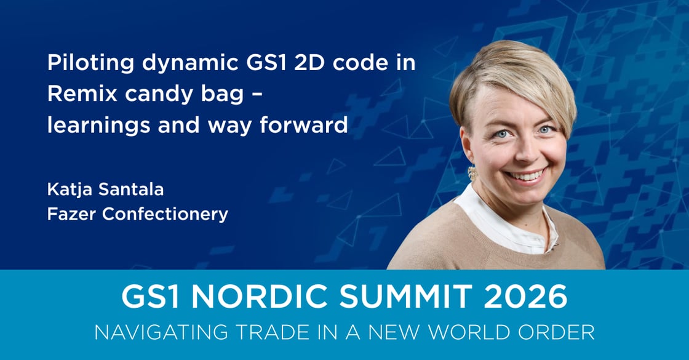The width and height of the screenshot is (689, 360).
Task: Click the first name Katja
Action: (x=66, y=190)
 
